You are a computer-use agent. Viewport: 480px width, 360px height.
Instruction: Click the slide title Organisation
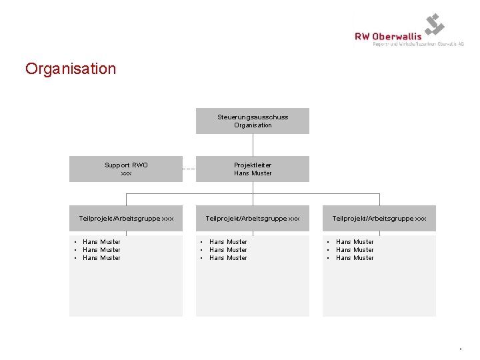[71, 69]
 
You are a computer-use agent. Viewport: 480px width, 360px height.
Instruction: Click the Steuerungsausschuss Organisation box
[253, 121]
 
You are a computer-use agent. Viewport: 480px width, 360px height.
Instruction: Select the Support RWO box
[126, 169]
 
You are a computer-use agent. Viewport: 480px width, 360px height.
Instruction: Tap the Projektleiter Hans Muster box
[253, 169]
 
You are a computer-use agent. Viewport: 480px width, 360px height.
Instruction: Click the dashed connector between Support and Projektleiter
[189, 169]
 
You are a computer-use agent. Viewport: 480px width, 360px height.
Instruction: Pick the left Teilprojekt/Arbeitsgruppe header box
[126, 218]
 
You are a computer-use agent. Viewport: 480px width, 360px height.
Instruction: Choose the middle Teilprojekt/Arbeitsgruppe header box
[253, 218]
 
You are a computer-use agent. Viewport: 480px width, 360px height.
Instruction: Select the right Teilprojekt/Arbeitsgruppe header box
[379, 218]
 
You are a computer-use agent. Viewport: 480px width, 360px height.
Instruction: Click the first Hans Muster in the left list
[101, 242]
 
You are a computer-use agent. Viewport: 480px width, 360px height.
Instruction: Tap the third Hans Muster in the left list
[101, 258]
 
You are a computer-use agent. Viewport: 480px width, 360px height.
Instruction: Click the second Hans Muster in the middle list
[228, 250]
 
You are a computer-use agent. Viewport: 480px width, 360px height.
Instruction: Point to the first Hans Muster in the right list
[355, 242]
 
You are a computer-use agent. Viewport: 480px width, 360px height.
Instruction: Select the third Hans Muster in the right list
[355, 258]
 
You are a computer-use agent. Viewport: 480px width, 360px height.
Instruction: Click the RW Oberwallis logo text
[388, 37]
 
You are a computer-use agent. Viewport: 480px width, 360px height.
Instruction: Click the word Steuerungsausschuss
[253, 117]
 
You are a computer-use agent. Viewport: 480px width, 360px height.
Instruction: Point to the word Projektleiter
[253, 165]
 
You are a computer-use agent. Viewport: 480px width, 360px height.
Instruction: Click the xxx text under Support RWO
[126, 173]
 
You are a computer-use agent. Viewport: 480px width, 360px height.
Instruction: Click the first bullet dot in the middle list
[201, 242]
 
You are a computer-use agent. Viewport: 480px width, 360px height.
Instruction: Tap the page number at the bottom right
[460, 348]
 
